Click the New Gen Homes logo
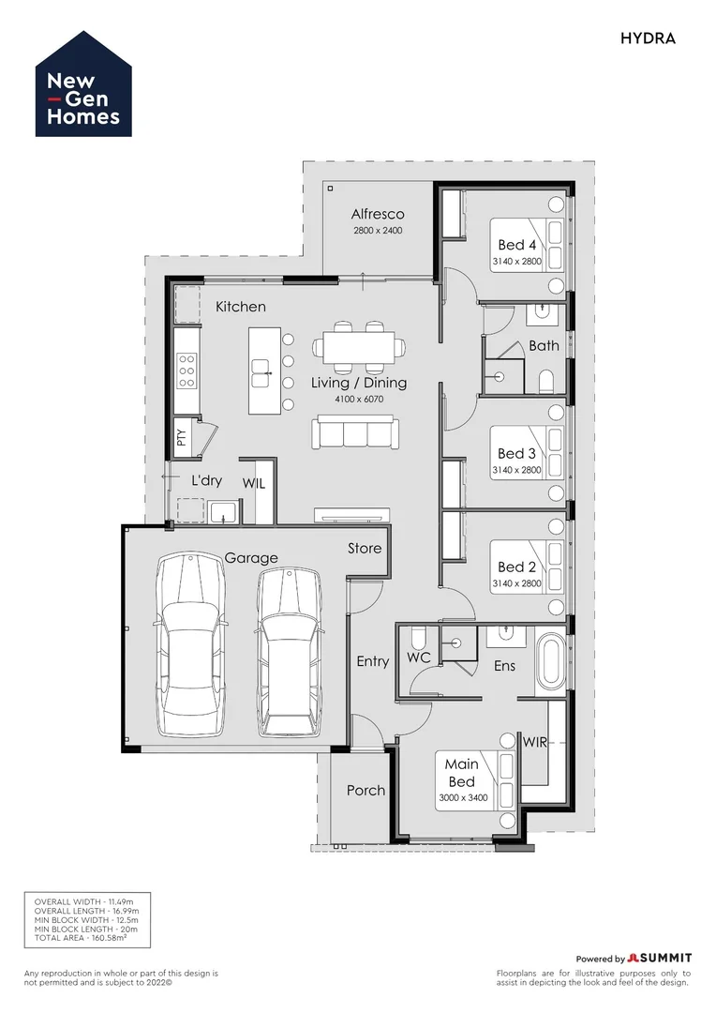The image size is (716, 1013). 83,84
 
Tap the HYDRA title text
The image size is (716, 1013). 648,38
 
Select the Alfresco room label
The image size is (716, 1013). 378,214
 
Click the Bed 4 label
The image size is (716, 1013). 516,245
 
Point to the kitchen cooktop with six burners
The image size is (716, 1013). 187,370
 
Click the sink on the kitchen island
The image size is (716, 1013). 261,373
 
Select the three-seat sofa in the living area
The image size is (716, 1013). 355,432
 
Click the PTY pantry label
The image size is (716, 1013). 182,438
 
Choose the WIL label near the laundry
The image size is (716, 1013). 254,483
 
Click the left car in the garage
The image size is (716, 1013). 191,643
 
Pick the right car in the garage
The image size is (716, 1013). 289,652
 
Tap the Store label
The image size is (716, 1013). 365,549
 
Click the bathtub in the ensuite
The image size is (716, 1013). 551,661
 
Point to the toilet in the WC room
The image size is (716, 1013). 418,638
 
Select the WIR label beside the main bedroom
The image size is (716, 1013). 534,742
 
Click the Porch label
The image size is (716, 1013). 365,790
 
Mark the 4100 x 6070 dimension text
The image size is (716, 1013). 359,400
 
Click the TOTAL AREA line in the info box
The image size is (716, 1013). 80,937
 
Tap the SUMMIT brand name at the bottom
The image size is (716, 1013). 664,958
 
